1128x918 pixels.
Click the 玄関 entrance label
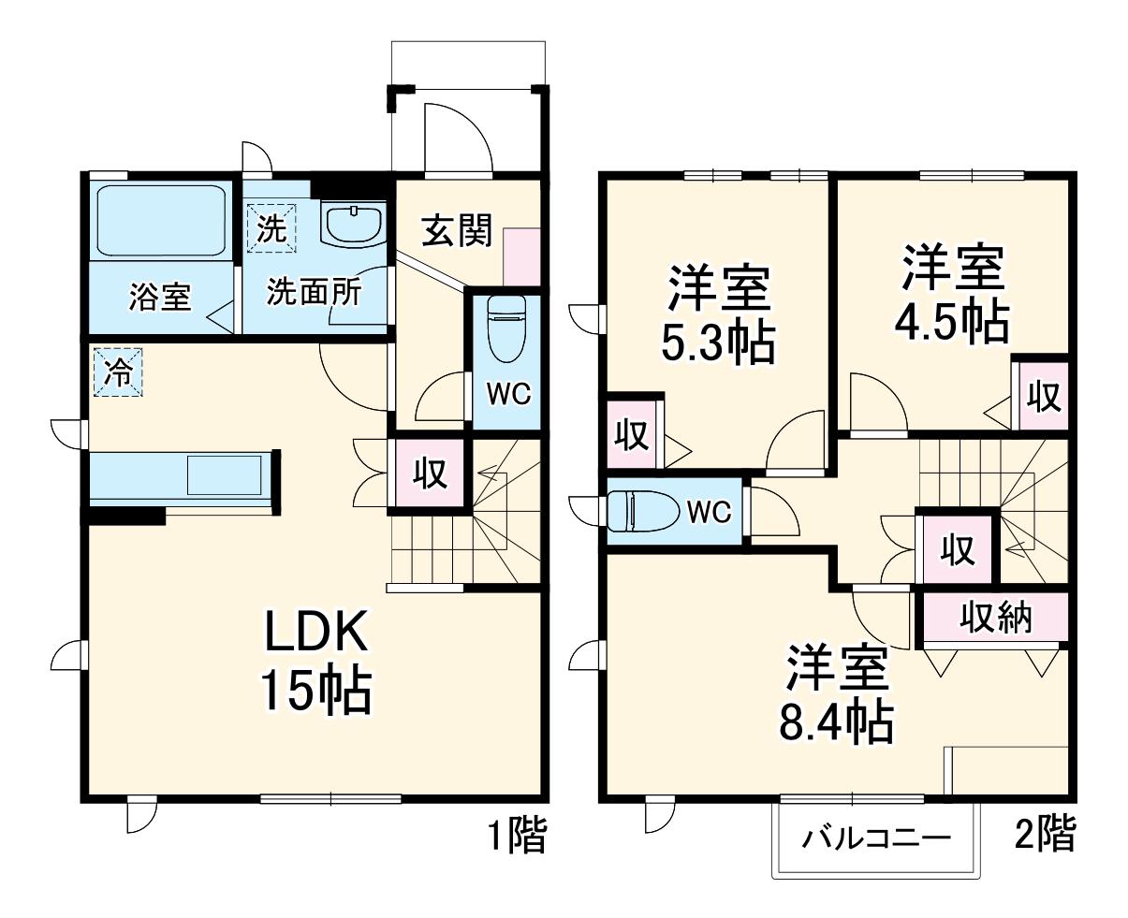tap(457, 231)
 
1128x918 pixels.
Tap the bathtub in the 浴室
tap(162, 220)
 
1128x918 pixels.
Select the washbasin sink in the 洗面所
tap(354, 226)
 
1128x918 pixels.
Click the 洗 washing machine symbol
tap(271, 228)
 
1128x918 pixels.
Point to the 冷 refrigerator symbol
tap(118, 372)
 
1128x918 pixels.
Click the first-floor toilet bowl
tap(506, 328)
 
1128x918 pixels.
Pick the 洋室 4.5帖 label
tap(953, 293)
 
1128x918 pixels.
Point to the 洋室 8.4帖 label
tap(837, 692)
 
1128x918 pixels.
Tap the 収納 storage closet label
tap(996, 618)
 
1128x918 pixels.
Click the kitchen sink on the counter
tap(225, 474)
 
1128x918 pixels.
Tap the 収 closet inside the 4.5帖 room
tap(1044, 396)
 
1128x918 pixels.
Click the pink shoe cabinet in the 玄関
tap(521, 257)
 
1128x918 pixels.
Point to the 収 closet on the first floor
tap(430, 473)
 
